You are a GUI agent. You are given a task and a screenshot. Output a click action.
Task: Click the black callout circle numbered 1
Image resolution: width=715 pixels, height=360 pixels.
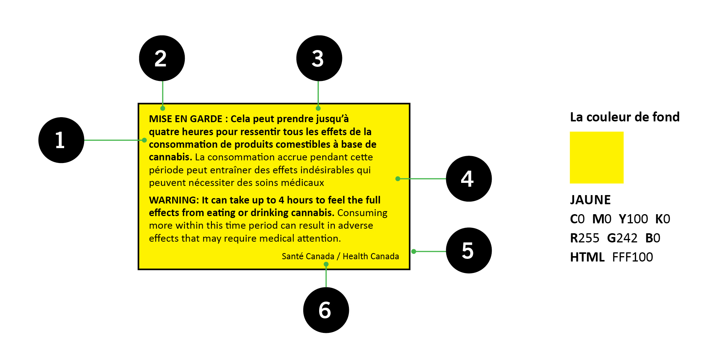[x=61, y=140]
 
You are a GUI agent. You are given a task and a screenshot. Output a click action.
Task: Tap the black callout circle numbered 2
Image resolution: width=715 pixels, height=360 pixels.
[x=162, y=58]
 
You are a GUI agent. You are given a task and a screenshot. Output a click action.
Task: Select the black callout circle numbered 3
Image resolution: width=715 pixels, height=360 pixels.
[x=319, y=58]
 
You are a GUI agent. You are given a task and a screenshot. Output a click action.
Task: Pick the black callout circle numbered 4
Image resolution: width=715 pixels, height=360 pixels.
[x=469, y=179]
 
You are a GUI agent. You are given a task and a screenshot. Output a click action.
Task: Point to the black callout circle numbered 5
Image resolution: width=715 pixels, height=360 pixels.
[x=469, y=250]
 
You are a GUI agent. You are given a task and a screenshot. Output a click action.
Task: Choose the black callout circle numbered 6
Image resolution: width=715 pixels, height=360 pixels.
[x=326, y=310]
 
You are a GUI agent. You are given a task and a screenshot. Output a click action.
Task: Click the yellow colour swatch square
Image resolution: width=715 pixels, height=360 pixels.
[x=597, y=157]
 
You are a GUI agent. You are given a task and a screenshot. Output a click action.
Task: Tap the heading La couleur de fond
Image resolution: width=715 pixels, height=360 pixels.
[x=625, y=117]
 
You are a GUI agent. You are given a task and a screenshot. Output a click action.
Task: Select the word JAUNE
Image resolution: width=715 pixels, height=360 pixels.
[x=590, y=200]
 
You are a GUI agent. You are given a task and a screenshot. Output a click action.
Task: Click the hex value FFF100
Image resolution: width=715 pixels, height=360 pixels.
[x=633, y=257]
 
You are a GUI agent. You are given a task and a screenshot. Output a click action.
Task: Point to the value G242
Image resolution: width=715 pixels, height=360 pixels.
[x=622, y=238]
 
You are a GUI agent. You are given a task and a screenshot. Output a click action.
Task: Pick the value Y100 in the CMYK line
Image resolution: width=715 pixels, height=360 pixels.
[x=633, y=219]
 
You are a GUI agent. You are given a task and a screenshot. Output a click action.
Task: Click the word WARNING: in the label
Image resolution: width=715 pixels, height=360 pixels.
[x=174, y=200]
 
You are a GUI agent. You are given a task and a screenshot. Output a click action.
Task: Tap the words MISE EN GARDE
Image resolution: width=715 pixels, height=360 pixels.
[x=186, y=119]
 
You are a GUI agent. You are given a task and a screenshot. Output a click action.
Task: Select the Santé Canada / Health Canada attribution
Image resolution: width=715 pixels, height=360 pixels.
[x=340, y=256]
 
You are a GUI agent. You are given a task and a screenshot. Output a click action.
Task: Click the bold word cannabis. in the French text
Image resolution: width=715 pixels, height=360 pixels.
[x=170, y=157]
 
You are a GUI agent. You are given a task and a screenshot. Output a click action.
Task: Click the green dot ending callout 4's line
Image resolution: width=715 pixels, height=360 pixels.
[x=398, y=179]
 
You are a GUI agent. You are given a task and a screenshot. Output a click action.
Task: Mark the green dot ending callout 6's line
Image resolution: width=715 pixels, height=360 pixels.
[x=326, y=264]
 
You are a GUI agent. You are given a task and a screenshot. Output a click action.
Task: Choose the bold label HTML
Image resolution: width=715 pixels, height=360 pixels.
[x=587, y=257]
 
